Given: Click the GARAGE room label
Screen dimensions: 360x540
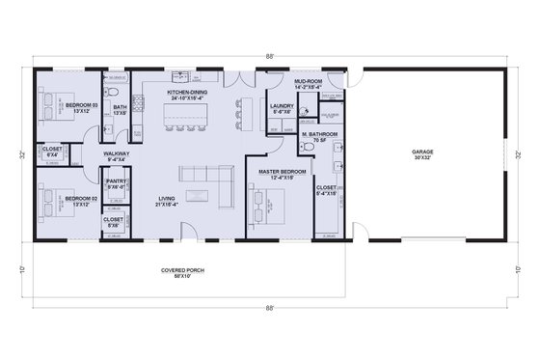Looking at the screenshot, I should [421, 152].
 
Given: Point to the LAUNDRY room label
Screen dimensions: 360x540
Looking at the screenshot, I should [282, 106].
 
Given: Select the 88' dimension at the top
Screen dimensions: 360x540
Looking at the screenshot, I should [273, 57].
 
